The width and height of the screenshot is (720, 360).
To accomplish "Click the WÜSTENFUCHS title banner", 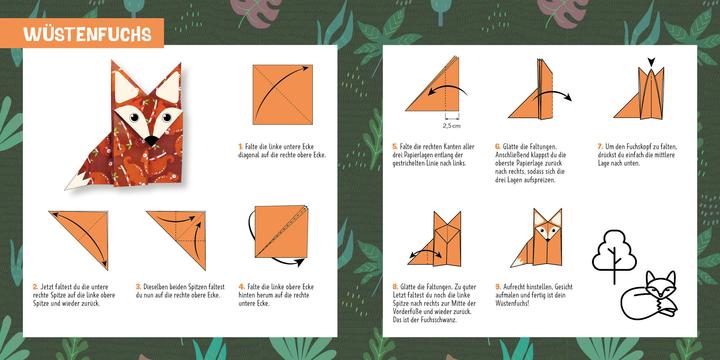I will (89, 34).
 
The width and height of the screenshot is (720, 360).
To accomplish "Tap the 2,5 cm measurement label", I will (451, 126).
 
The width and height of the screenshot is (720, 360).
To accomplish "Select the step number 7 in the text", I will (599, 145).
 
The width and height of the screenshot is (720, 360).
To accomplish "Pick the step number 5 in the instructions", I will (394, 145).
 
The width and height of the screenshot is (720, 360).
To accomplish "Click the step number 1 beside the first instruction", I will (240, 145).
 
